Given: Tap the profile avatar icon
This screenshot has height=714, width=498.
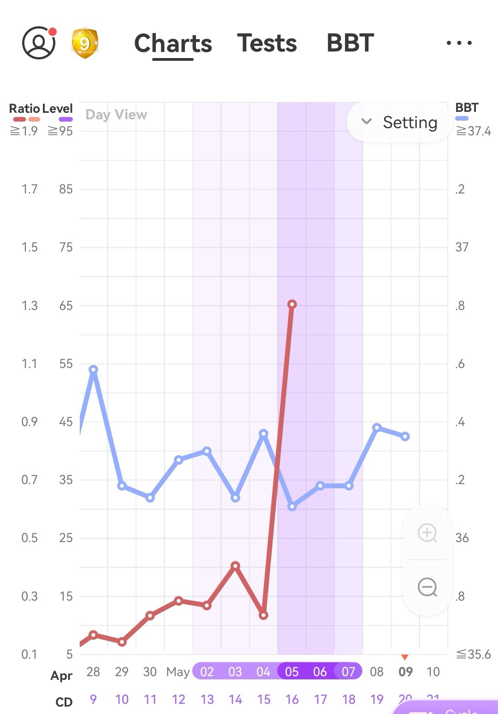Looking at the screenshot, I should [x=39, y=43].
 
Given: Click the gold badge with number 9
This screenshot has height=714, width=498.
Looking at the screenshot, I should [x=84, y=43].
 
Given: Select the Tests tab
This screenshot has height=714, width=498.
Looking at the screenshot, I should [x=267, y=43].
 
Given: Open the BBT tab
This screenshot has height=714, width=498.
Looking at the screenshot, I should [x=350, y=43].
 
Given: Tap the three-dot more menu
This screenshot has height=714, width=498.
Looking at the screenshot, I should [x=459, y=43].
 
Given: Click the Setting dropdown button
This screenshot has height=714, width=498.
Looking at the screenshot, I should [x=399, y=122].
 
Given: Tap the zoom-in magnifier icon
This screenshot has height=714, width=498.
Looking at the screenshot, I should [x=427, y=533].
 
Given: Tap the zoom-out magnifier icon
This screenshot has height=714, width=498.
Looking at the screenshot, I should [x=427, y=587].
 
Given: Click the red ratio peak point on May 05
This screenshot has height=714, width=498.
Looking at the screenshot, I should [x=292, y=304].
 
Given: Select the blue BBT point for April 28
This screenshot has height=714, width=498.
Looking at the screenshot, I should [x=93, y=369].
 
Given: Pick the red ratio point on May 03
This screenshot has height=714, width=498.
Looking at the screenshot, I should [x=235, y=566].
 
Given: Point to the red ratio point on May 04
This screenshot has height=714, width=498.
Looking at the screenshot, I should [x=263, y=615].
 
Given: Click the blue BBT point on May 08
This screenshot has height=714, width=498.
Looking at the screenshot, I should [x=377, y=427].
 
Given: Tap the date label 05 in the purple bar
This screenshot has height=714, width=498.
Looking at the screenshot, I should [x=292, y=672].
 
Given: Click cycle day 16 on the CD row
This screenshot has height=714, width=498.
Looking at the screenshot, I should [x=292, y=700].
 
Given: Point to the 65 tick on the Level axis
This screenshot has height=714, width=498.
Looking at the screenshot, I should [x=66, y=305].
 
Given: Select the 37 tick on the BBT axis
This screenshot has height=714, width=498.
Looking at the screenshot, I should [x=462, y=247].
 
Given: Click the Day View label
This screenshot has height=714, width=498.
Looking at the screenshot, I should [x=116, y=115].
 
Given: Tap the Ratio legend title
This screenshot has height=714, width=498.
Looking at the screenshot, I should [x=24, y=109].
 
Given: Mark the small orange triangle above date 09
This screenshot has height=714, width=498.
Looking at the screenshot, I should [x=405, y=657].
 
